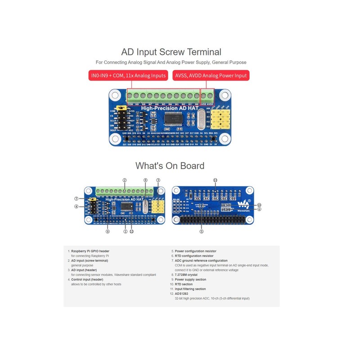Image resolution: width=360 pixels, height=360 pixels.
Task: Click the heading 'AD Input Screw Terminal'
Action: (171, 52)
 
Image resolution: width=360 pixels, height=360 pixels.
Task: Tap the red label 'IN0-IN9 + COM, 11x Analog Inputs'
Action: (128, 75)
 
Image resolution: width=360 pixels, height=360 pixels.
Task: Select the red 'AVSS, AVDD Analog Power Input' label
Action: (210, 75)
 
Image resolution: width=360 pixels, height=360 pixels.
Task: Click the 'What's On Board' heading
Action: (170, 166)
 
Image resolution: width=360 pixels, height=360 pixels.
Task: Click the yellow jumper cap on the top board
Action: (120, 108)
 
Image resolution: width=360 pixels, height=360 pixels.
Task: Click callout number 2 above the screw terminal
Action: (124, 180)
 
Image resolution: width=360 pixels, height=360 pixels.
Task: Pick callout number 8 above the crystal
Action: (145, 180)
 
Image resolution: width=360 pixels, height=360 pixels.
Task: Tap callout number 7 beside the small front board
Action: (76, 198)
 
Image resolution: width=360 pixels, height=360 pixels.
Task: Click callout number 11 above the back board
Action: (215, 180)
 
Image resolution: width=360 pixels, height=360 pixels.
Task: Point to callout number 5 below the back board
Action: (202, 231)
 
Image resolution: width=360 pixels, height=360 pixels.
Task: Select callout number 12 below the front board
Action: (131, 231)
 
